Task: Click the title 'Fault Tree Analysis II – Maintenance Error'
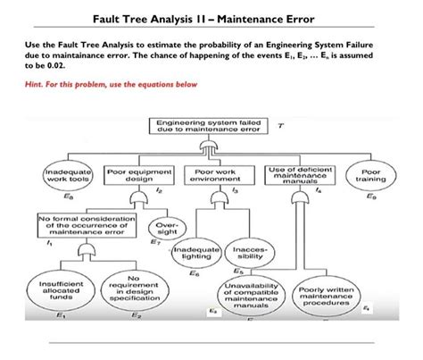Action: [x=211, y=20]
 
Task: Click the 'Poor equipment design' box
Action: [x=136, y=173]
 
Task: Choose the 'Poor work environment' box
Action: [x=211, y=173]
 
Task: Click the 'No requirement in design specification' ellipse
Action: [x=137, y=288]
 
